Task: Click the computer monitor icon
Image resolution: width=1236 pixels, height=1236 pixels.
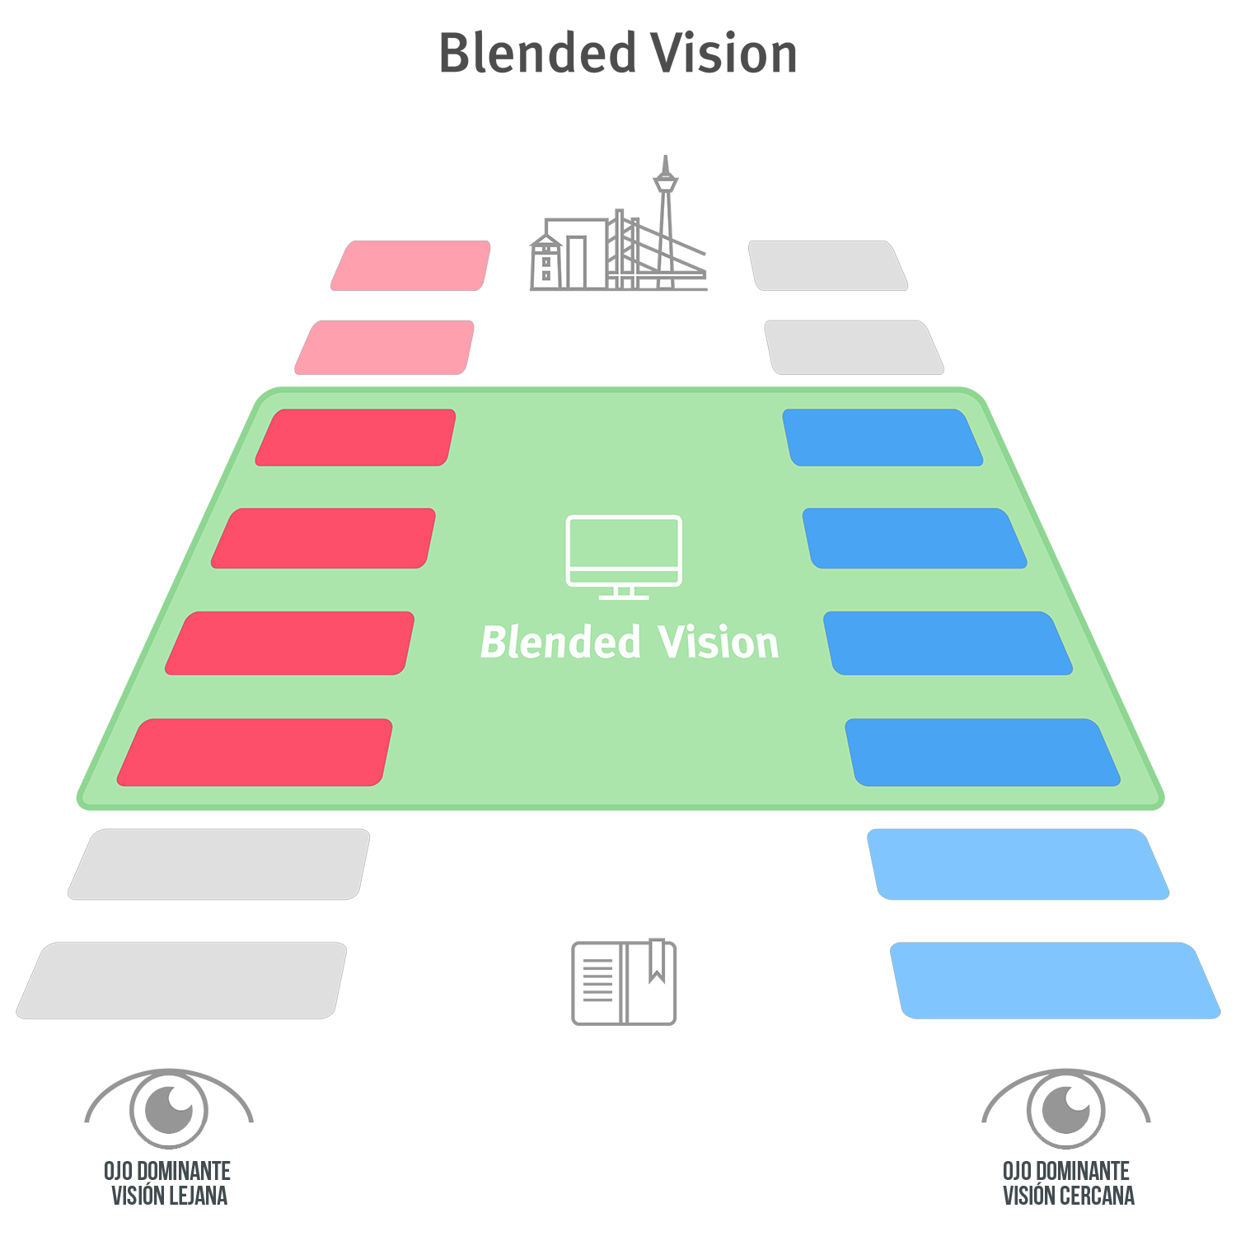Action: click(x=624, y=550)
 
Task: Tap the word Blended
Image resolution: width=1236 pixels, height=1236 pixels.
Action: click(x=560, y=643)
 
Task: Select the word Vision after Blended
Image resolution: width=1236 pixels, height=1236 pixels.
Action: click(x=719, y=643)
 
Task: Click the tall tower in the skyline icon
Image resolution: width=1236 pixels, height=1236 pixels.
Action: click(x=665, y=235)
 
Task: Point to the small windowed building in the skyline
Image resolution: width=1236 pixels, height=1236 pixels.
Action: click(x=545, y=262)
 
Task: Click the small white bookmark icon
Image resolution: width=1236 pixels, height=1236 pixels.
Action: click(x=657, y=957)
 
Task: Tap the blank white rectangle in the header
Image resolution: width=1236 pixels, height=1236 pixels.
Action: click(x=588, y=105)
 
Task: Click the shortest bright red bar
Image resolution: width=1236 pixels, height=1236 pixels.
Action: click(x=355, y=438)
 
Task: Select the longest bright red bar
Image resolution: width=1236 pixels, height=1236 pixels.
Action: click(x=255, y=752)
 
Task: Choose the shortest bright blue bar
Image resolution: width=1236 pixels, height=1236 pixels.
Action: click(x=883, y=438)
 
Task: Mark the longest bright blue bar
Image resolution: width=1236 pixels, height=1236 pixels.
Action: click(x=982, y=752)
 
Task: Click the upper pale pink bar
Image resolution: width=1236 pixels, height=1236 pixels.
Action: click(x=410, y=265)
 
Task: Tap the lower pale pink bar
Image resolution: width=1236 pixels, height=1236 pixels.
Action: click(x=385, y=347)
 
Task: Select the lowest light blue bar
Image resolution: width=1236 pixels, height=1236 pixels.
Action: click(x=1055, y=981)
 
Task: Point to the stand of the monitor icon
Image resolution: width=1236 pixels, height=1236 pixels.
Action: click(x=624, y=592)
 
